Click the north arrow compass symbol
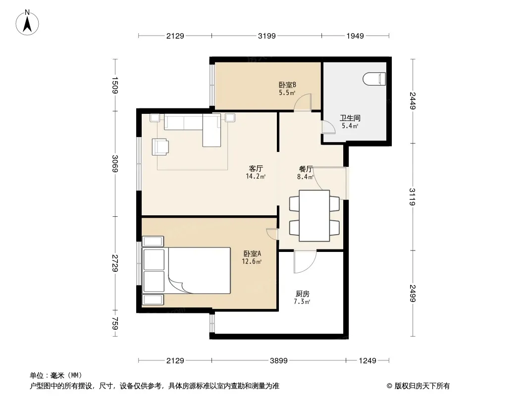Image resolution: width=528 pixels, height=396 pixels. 27,23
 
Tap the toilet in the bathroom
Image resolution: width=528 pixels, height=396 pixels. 374,79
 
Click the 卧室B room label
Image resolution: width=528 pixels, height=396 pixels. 287,85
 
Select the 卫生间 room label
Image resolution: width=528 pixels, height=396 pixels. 350,118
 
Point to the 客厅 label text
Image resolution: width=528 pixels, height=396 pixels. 256,168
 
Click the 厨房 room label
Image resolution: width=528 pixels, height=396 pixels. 303,294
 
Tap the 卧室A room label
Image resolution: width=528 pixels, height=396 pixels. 252,253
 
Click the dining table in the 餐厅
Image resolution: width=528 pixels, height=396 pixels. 314,216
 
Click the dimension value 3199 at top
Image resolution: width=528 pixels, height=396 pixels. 266,36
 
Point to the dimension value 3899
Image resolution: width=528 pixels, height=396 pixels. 279,361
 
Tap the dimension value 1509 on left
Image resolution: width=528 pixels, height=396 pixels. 115,86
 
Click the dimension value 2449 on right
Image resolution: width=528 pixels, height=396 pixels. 413,100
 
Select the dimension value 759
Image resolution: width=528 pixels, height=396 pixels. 115,323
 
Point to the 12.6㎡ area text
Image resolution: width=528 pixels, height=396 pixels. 252,261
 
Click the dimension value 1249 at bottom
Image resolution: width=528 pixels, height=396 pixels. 368,361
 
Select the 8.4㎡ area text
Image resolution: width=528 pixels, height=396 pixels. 306,176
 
